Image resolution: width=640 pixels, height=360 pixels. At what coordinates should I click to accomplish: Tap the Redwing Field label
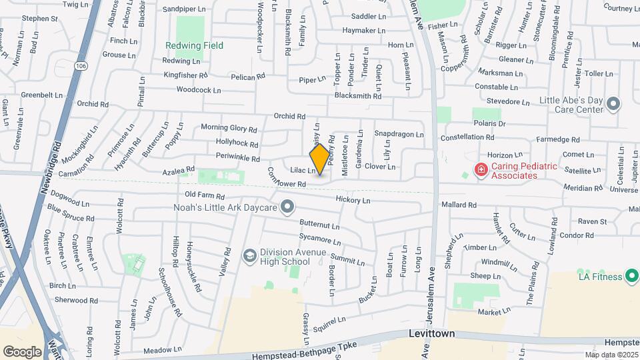(x=195, y=46)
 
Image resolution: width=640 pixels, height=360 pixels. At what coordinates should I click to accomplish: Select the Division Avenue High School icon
(x=249, y=255)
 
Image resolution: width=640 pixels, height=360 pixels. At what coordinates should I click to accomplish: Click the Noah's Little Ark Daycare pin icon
(x=287, y=208)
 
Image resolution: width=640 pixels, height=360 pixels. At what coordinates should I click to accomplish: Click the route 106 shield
(x=81, y=65)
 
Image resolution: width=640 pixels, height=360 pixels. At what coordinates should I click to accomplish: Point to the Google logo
(x=22, y=352)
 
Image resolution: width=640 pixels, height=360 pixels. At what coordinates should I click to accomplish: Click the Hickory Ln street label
(x=353, y=200)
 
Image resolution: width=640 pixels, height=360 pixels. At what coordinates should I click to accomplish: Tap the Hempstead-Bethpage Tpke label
(x=305, y=351)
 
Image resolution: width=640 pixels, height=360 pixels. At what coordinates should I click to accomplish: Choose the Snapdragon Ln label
(x=399, y=134)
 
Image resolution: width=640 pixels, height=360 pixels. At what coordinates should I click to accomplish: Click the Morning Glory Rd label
(x=229, y=128)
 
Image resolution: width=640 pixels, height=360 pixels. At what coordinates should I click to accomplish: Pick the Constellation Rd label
(x=467, y=137)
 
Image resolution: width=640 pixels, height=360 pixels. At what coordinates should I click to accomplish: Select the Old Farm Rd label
(x=205, y=195)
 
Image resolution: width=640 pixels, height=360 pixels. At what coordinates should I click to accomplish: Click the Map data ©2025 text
(x=611, y=355)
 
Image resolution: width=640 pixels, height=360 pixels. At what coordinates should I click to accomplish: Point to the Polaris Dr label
(x=492, y=124)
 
